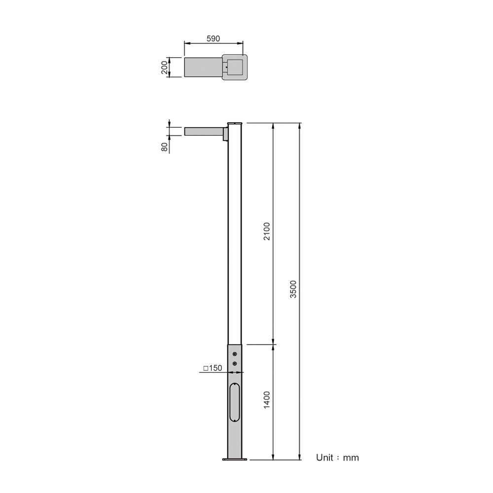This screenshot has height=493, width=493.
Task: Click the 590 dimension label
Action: [213, 38]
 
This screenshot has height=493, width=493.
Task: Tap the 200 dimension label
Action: [165, 67]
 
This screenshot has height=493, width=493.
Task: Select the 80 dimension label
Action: [165, 147]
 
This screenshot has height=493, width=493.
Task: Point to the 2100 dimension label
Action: [267, 231]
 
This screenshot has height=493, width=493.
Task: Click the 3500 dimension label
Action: [293, 289]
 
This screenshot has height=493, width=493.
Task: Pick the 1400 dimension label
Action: [267, 400]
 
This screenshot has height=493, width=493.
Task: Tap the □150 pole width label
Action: [212, 368]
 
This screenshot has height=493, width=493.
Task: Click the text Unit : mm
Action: [337, 458]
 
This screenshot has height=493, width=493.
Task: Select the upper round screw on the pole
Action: [235, 354]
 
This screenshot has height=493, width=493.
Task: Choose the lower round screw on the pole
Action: [235, 364]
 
